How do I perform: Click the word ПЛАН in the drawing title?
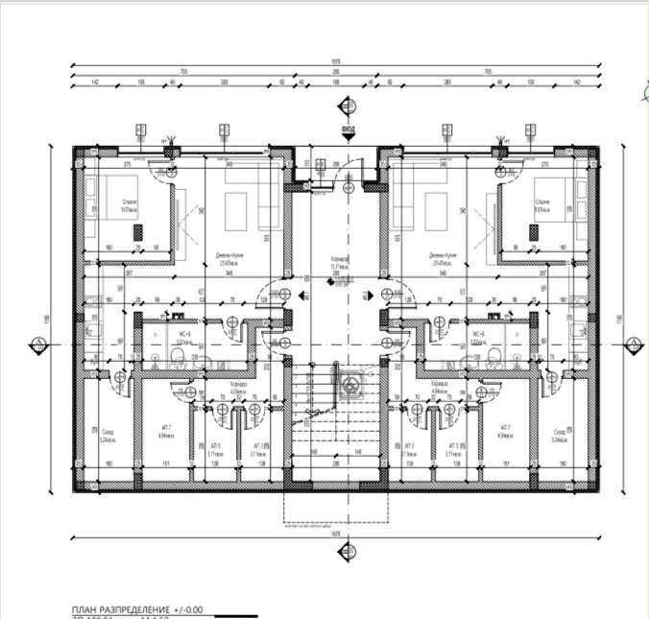point(88,609)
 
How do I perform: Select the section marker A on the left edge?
point(37,344)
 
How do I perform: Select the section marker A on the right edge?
point(633,344)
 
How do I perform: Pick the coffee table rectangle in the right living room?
point(435,207)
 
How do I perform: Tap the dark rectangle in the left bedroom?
point(137,231)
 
